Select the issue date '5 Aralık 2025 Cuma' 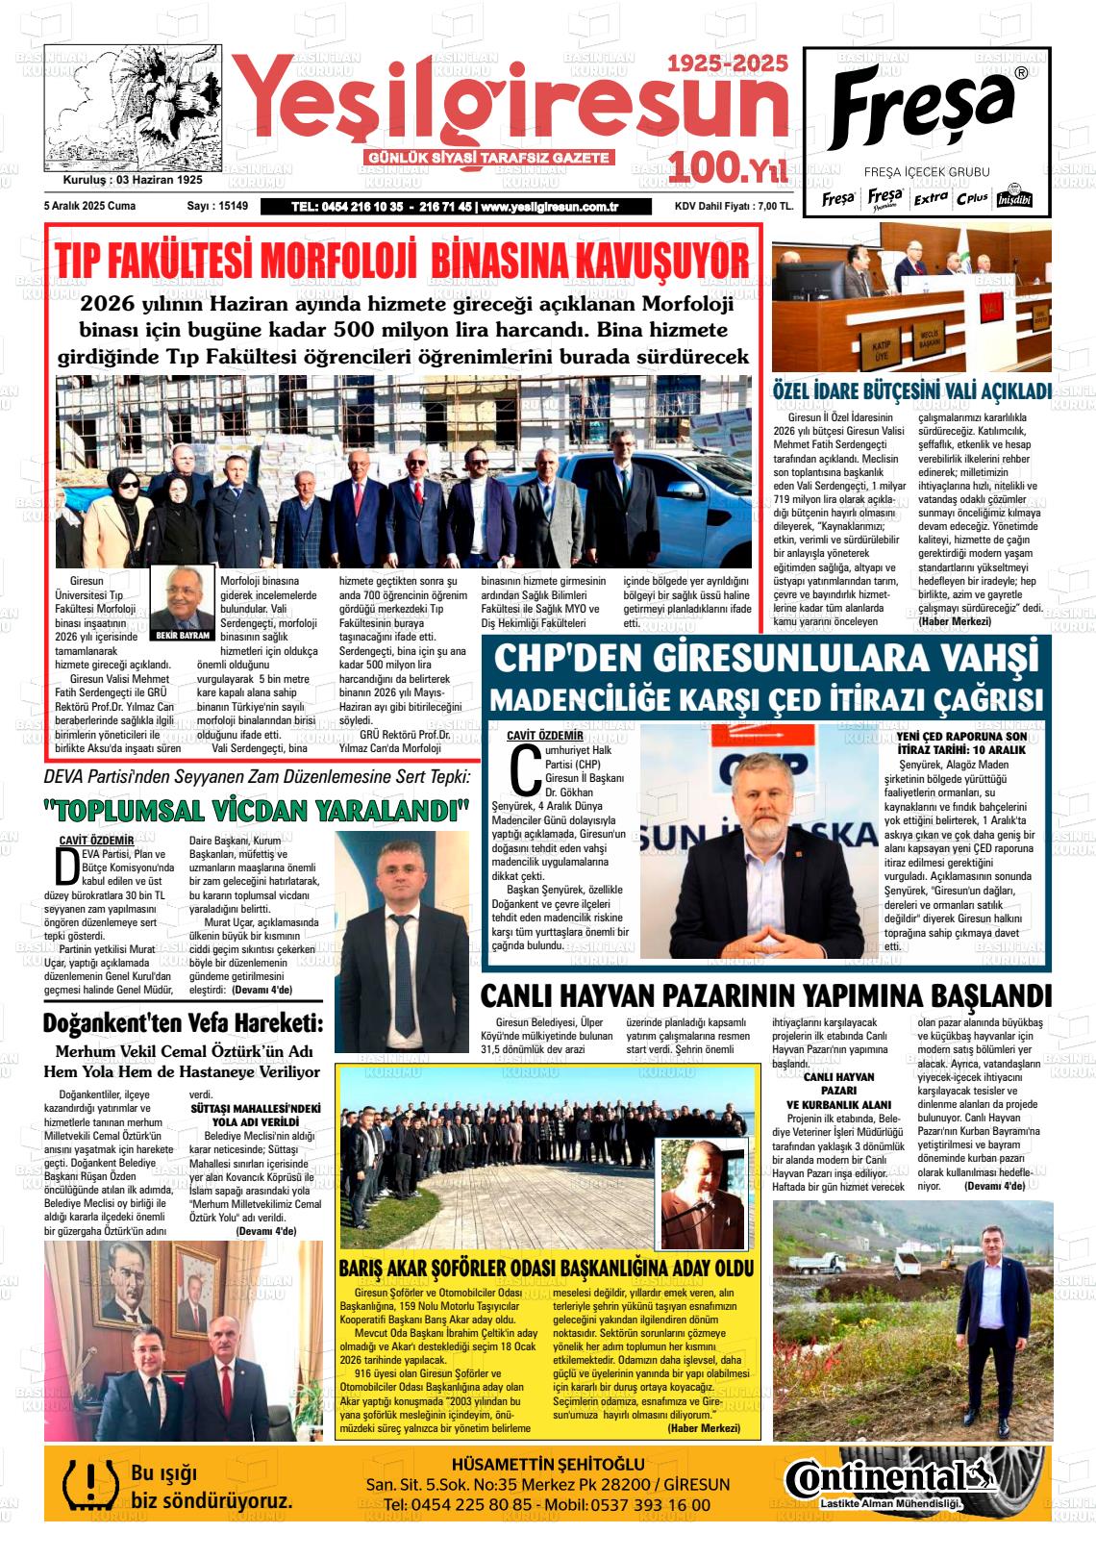(x=89, y=206)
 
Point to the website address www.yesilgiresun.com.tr (x=549, y=207)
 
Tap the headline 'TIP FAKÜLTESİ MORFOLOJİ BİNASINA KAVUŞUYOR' (x=402, y=260)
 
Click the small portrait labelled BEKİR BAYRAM (x=183, y=600)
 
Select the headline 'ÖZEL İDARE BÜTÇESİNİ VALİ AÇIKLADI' (x=911, y=391)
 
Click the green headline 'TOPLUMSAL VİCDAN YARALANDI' (x=256, y=809)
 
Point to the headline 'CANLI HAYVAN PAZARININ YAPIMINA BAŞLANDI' (x=765, y=994)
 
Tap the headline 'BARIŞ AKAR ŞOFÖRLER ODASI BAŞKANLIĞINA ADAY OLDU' (x=546, y=1268)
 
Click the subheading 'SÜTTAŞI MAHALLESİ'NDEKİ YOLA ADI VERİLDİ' (x=255, y=1115)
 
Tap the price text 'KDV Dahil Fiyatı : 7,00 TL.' (x=734, y=207)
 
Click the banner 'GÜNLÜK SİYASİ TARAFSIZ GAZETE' (x=490, y=158)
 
